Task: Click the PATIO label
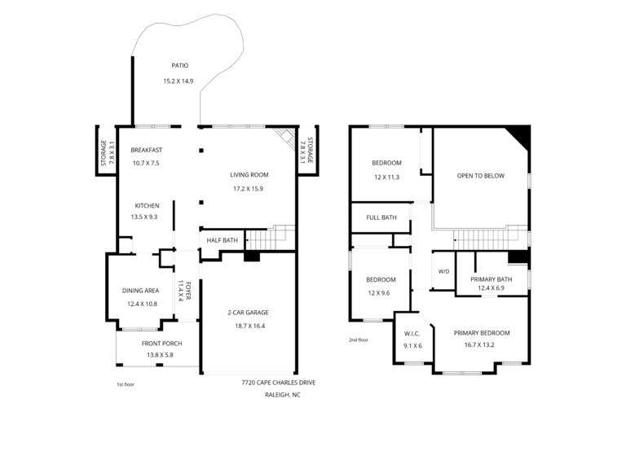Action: (179, 65)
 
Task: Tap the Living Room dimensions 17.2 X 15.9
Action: (248, 189)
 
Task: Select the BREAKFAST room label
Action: (147, 150)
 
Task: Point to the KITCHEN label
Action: (147, 206)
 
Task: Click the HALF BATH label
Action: (222, 240)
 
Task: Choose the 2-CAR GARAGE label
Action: (248, 313)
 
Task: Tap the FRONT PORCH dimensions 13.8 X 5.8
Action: (160, 355)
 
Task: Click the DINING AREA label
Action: (140, 291)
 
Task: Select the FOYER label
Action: (188, 291)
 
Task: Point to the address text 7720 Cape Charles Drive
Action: (278, 383)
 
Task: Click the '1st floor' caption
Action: (126, 384)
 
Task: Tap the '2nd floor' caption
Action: (359, 340)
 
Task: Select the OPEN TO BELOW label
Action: (481, 176)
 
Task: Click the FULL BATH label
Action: (381, 217)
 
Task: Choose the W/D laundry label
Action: (444, 272)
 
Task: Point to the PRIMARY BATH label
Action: (491, 279)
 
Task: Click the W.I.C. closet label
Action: (412, 333)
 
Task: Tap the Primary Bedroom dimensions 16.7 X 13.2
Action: (479, 345)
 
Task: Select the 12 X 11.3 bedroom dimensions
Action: (386, 177)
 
